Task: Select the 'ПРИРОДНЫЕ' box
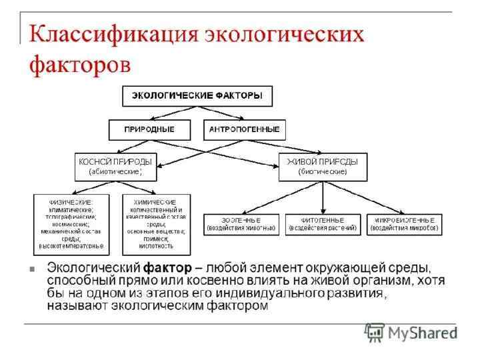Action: [x=150, y=129]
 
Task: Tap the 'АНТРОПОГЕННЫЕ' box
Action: [x=245, y=129]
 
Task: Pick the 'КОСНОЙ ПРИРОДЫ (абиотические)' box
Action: [x=115, y=167]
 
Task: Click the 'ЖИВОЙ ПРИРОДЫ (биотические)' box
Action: [x=322, y=167]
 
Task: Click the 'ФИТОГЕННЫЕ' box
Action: [x=323, y=224]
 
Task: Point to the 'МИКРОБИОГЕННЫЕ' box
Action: [x=405, y=224]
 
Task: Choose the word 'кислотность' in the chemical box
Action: [x=156, y=245]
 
